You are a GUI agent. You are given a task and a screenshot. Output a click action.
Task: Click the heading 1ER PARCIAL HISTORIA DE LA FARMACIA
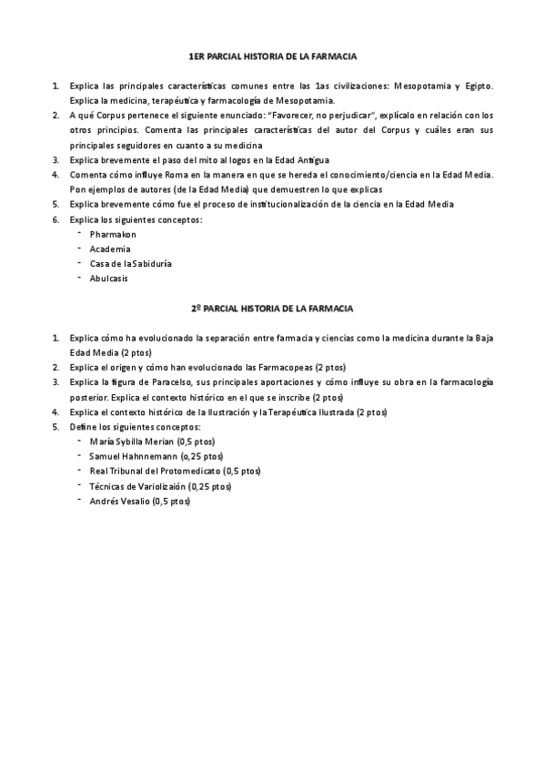[272, 56]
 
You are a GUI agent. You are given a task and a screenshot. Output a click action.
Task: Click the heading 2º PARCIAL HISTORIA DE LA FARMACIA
[272, 309]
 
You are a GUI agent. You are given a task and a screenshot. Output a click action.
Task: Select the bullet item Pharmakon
[113, 234]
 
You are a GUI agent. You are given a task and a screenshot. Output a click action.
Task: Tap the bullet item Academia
[109, 249]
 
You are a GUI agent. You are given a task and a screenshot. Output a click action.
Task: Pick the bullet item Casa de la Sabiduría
[131, 263]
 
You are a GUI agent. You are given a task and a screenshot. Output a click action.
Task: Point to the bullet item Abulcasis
[109, 279]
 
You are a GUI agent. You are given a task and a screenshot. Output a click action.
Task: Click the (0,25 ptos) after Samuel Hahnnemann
[201, 455]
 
